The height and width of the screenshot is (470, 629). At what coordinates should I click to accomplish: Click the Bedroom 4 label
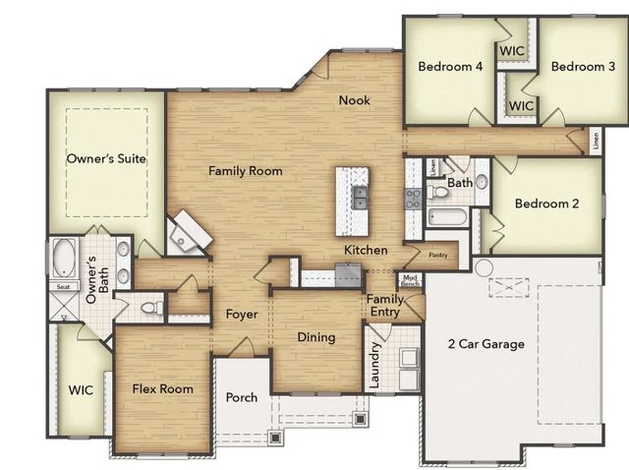click(450, 67)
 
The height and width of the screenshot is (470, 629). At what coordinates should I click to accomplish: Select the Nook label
click(355, 100)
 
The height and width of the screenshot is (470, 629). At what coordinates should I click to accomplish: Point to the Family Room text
click(245, 171)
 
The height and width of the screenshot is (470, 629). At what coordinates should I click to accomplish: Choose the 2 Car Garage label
click(486, 344)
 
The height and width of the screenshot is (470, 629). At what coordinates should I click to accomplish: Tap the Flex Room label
click(162, 388)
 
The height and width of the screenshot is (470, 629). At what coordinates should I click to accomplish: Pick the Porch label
click(242, 397)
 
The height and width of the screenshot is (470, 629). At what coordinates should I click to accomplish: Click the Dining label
click(316, 337)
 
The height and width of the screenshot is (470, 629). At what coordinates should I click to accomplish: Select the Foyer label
click(241, 316)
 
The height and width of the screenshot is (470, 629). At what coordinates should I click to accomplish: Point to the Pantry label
click(438, 255)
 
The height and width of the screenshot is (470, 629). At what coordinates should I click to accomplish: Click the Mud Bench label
click(410, 281)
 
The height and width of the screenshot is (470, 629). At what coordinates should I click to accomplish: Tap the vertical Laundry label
click(374, 364)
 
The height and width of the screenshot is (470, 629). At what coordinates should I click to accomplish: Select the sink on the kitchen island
click(360, 197)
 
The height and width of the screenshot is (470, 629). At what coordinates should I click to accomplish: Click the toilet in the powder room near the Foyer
click(150, 309)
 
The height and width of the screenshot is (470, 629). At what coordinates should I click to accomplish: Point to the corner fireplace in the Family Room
click(188, 233)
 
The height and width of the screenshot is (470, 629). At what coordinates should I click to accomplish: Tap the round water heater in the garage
click(484, 267)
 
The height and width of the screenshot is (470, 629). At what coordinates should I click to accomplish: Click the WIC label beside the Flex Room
click(80, 389)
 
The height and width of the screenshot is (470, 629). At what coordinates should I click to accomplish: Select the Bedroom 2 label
click(546, 205)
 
